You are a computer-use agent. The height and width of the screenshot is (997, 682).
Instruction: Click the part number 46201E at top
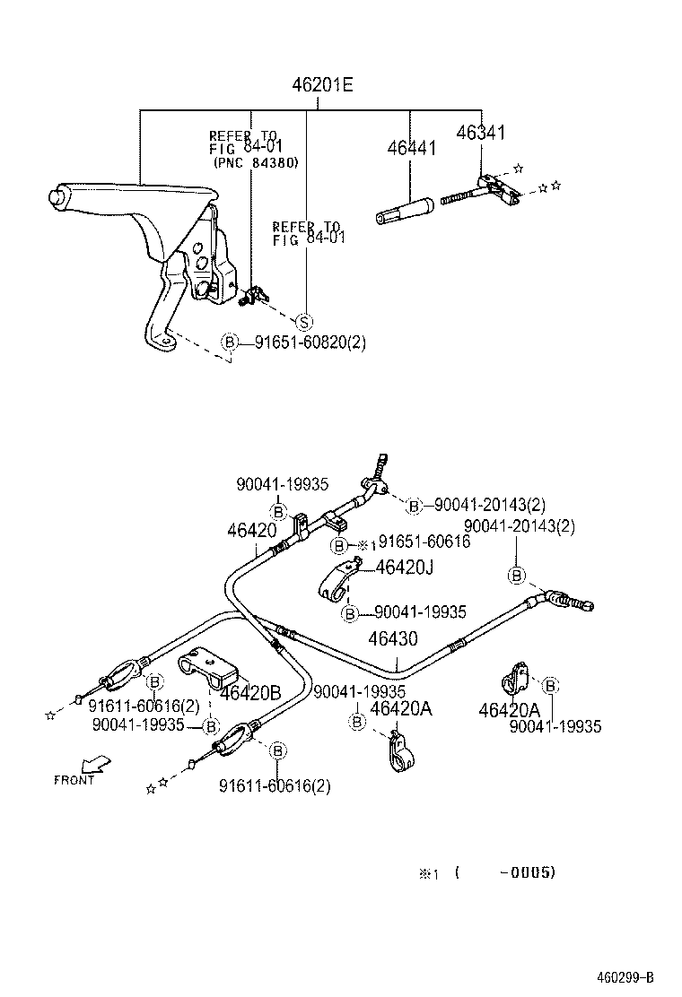coord(322,86)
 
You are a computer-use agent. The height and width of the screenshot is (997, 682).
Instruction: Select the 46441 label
coord(412,148)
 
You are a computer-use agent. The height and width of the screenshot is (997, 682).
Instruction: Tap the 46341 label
coord(481,133)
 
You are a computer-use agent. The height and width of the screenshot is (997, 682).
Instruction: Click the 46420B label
coord(250,693)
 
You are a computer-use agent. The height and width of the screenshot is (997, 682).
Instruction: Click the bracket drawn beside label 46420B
coord(207,668)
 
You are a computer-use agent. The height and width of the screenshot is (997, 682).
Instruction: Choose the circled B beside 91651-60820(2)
coord(230,342)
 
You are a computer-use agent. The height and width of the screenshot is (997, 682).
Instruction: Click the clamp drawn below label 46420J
coord(337,582)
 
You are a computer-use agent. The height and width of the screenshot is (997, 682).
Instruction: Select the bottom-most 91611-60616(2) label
coord(274,786)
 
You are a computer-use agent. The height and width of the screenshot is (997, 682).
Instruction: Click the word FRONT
coord(74,780)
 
